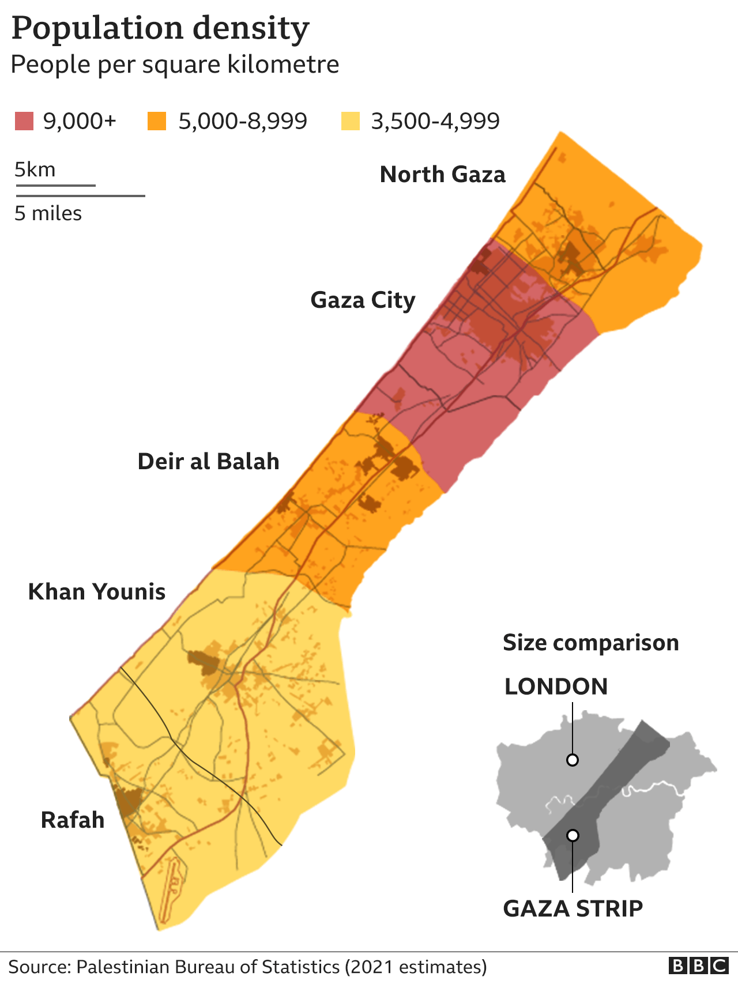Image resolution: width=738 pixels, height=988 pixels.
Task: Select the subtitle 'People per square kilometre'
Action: (x=175, y=65)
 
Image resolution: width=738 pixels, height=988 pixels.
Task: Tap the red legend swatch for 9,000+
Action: (x=24, y=121)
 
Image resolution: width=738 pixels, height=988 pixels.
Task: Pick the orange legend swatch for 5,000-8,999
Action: (x=157, y=121)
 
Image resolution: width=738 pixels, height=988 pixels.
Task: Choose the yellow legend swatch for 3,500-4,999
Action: (x=350, y=121)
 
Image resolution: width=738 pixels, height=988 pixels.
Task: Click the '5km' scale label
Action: (x=35, y=170)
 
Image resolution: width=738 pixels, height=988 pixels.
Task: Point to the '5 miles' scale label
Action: (x=48, y=213)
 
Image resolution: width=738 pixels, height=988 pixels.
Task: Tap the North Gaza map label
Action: (x=442, y=174)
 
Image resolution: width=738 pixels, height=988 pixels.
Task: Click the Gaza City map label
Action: (x=363, y=300)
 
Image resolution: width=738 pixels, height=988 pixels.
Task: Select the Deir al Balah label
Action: (x=208, y=462)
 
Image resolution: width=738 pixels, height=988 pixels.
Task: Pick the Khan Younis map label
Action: (x=97, y=592)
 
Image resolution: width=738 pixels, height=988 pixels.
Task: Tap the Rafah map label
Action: (x=73, y=820)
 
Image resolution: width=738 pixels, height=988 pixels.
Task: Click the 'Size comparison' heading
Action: (x=590, y=643)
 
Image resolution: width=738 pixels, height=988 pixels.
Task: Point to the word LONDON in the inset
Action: (x=556, y=687)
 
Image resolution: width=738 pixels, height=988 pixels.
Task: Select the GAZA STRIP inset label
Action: (x=573, y=908)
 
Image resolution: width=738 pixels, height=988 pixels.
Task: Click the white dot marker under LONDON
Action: (x=573, y=760)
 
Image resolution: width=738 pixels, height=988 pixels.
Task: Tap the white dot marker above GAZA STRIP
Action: (x=573, y=835)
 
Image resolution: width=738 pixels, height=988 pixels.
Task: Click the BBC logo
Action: (x=699, y=966)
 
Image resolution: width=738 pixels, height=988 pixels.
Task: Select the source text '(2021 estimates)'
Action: (x=416, y=967)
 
